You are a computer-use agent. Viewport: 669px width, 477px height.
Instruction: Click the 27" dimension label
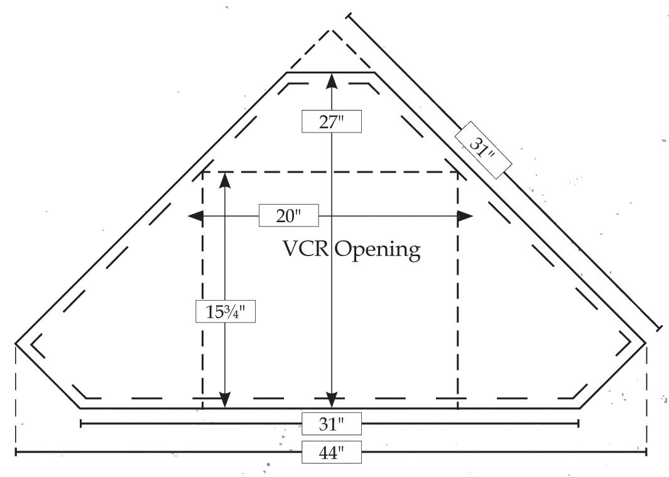[332, 121]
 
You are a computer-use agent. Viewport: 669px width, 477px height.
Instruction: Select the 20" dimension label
[289, 216]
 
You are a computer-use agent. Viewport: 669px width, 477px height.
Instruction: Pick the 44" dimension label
[332, 452]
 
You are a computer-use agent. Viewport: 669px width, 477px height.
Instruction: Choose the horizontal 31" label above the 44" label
[332, 424]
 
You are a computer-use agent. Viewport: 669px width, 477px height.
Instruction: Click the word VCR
[306, 250]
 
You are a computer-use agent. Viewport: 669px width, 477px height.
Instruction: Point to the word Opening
[377, 251]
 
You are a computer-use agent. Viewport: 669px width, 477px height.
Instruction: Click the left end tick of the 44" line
[16, 451]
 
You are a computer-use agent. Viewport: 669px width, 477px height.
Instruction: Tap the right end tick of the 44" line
[646, 451]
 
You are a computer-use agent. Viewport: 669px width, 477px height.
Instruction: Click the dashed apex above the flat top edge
[332, 30]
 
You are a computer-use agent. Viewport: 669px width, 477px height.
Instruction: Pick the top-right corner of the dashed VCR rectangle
[457, 172]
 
